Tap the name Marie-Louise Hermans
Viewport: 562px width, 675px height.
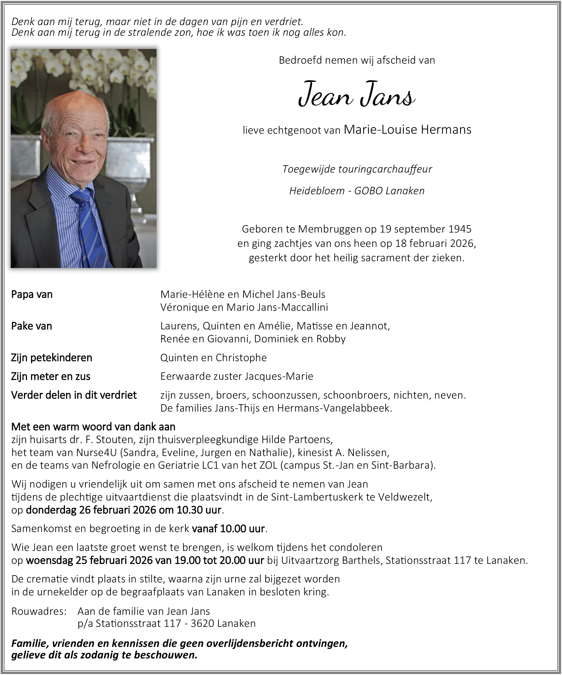407,129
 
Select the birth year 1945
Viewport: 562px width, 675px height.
460,229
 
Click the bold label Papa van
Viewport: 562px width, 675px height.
32,294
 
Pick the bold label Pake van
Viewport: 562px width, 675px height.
32,326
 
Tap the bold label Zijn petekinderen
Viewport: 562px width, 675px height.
52,357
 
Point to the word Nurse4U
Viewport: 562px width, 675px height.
97,453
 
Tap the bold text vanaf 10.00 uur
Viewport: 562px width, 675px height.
228,529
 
